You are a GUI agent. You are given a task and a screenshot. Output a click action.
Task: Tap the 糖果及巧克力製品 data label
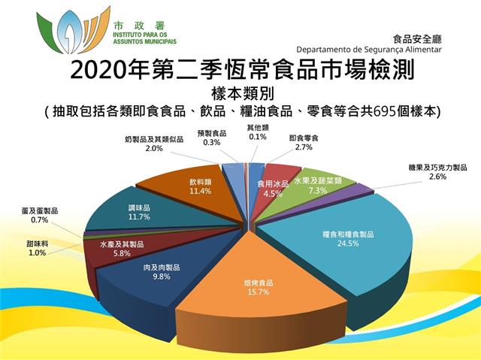coord(437,172)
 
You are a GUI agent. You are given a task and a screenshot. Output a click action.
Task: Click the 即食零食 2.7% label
coord(304,143)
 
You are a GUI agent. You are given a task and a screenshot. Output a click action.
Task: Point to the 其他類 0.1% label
coord(258,132)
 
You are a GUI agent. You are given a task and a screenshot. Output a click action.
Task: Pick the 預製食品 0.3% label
coord(212,138)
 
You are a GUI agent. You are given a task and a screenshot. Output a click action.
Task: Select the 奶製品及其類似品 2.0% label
coord(154,144)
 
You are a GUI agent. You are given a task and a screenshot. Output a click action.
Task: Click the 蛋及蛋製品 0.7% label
coord(40,215)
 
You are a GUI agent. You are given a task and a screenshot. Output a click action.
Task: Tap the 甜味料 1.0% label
coord(37,248)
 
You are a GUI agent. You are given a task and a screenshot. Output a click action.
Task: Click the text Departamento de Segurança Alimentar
coord(369,50)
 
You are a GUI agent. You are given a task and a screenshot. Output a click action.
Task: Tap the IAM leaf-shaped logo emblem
coord(73,31)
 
